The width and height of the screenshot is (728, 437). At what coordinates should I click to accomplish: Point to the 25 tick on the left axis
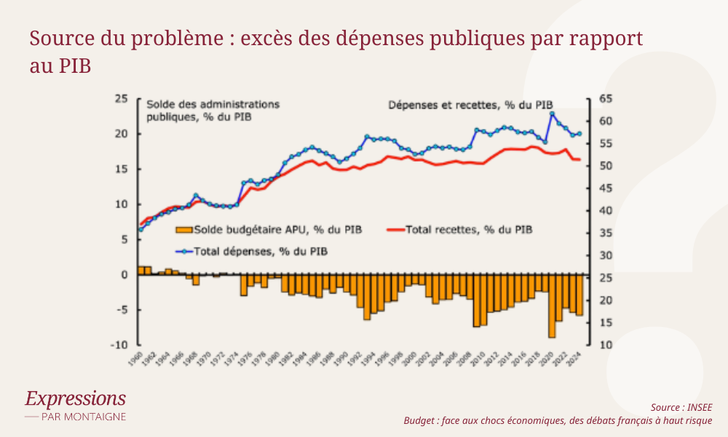[x=122, y=98]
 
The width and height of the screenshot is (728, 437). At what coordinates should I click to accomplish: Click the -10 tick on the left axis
[x=119, y=345]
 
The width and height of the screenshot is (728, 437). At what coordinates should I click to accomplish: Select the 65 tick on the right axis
[x=606, y=98]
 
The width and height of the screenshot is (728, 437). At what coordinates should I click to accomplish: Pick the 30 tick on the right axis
[x=606, y=256]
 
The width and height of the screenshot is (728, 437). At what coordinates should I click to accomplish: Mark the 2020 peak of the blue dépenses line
[x=553, y=113]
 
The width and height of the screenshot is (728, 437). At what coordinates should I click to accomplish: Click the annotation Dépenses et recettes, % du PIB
[x=470, y=105]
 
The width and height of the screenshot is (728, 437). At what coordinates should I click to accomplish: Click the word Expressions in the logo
[x=75, y=398]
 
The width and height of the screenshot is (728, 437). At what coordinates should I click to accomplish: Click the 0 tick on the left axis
[x=124, y=275]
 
